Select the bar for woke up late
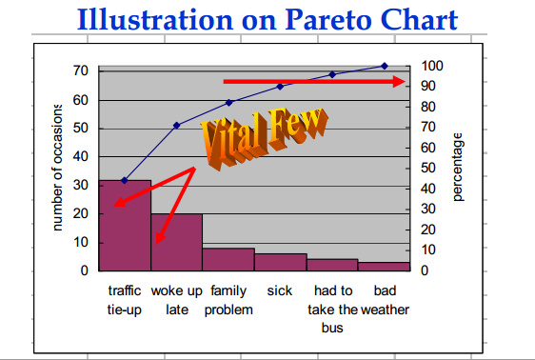[x=176, y=243]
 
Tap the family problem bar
[x=228, y=259]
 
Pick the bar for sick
[x=280, y=262]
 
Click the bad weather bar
[x=384, y=267]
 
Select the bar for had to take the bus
[x=332, y=265]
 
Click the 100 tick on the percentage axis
[x=432, y=66]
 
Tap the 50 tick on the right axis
[x=428, y=169]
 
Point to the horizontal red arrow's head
[x=401, y=82]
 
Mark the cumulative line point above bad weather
[x=385, y=66]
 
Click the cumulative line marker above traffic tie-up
[x=125, y=180]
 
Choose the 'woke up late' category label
[x=176, y=300]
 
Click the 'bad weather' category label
[x=385, y=300]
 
